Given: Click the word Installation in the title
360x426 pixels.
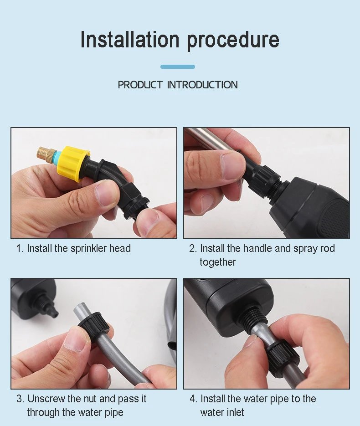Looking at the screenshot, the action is click(130, 39).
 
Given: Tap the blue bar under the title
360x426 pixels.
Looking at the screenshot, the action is click(178, 67).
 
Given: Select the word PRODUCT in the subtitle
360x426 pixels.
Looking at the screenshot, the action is click(140, 85).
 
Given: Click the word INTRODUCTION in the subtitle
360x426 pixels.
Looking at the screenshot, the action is click(202, 85).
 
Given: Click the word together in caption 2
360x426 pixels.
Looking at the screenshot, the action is click(218, 262).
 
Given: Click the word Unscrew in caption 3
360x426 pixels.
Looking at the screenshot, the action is click(46, 399).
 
